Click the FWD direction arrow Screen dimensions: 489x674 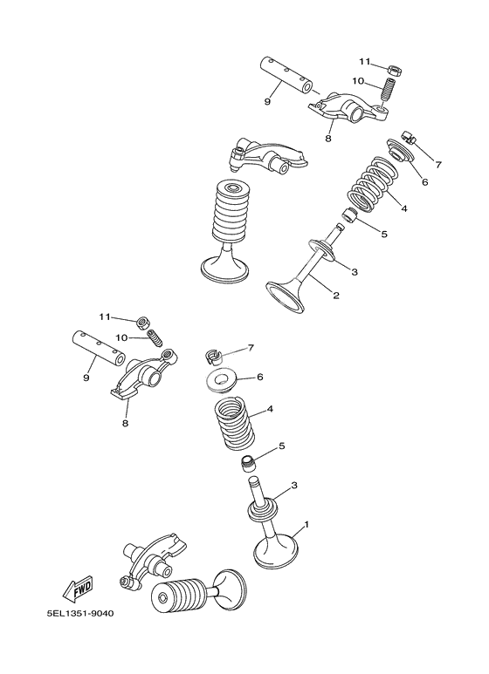(x=78, y=588)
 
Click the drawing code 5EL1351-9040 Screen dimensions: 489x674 (x=80, y=613)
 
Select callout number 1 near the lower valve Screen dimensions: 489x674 (x=306, y=524)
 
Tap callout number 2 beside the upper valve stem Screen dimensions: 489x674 (x=336, y=296)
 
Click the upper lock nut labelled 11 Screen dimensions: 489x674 (x=392, y=69)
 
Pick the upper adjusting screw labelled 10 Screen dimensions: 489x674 (x=389, y=90)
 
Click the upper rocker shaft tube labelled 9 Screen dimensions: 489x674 (x=286, y=74)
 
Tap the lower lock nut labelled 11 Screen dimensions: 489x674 (x=142, y=322)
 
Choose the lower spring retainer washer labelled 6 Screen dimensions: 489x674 (x=223, y=381)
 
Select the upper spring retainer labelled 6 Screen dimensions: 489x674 (x=401, y=151)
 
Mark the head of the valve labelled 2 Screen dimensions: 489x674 (x=286, y=295)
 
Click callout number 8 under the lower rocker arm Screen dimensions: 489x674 (x=125, y=423)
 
